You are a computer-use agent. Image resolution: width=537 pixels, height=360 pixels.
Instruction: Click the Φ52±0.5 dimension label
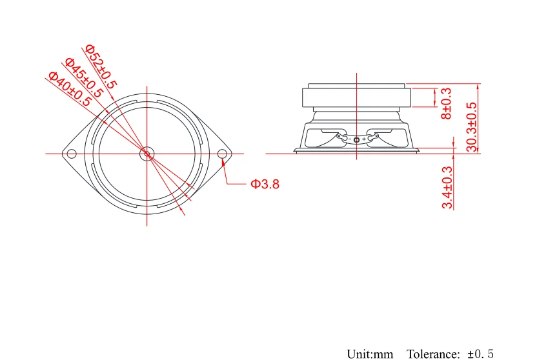[x=101, y=66]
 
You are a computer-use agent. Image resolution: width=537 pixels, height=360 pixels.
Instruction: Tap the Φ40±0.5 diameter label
[x=70, y=89]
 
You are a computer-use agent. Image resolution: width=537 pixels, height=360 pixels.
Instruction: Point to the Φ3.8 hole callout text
[x=265, y=184]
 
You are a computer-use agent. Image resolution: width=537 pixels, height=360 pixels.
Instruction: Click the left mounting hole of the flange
[x=72, y=154]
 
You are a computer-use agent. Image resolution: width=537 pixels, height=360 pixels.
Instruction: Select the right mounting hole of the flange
[x=223, y=154]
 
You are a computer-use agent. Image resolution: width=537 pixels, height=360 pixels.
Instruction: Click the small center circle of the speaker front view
[x=147, y=154]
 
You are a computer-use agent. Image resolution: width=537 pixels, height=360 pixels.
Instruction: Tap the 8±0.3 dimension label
[x=447, y=103]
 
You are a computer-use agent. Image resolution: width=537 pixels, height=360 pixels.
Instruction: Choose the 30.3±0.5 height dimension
[x=472, y=127]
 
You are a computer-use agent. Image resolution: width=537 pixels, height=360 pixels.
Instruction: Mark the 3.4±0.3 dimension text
[x=447, y=187]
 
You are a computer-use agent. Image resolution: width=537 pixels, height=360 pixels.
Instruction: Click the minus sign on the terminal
[x=350, y=139]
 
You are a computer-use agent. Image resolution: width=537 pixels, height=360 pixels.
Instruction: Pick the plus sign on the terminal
[x=364, y=139]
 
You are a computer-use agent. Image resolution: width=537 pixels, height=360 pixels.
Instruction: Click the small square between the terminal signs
[x=356, y=139]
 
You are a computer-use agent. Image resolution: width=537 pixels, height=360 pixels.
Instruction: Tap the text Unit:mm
[x=370, y=354]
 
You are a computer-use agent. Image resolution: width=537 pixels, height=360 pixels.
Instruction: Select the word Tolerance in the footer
[x=433, y=354]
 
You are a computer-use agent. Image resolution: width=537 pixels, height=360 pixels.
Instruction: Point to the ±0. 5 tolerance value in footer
[x=481, y=354]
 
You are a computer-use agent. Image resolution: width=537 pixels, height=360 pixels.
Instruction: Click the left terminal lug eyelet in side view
[x=339, y=136]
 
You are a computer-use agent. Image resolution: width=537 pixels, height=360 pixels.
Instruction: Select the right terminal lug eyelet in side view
[x=376, y=136]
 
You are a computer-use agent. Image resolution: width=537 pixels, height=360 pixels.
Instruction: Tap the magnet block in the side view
[x=356, y=98]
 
